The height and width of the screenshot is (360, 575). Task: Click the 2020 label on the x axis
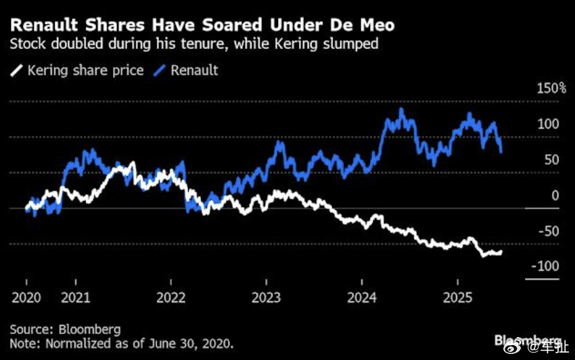click(x=26, y=298)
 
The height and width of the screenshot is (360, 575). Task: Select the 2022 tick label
click(x=170, y=298)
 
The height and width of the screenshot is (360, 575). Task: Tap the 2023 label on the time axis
click(x=266, y=298)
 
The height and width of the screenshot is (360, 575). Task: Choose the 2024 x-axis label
click(x=361, y=298)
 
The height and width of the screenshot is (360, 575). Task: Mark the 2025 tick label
click(x=457, y=298)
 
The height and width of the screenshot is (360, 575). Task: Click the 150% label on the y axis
click(x=552, y=89)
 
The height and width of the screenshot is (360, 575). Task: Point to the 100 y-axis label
click(x=549, y=125)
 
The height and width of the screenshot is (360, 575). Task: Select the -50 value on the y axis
click(x=549, y=231)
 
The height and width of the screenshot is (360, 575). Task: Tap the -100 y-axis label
click(x=545, y=267)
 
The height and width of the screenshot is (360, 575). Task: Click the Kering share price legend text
click(x=85, y=70)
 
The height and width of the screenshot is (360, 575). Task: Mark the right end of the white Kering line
click(x=501, y=252)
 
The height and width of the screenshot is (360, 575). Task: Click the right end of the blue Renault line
click(x=501, y=152)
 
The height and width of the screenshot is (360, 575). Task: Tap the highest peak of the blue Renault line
click(x=401, y=108)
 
